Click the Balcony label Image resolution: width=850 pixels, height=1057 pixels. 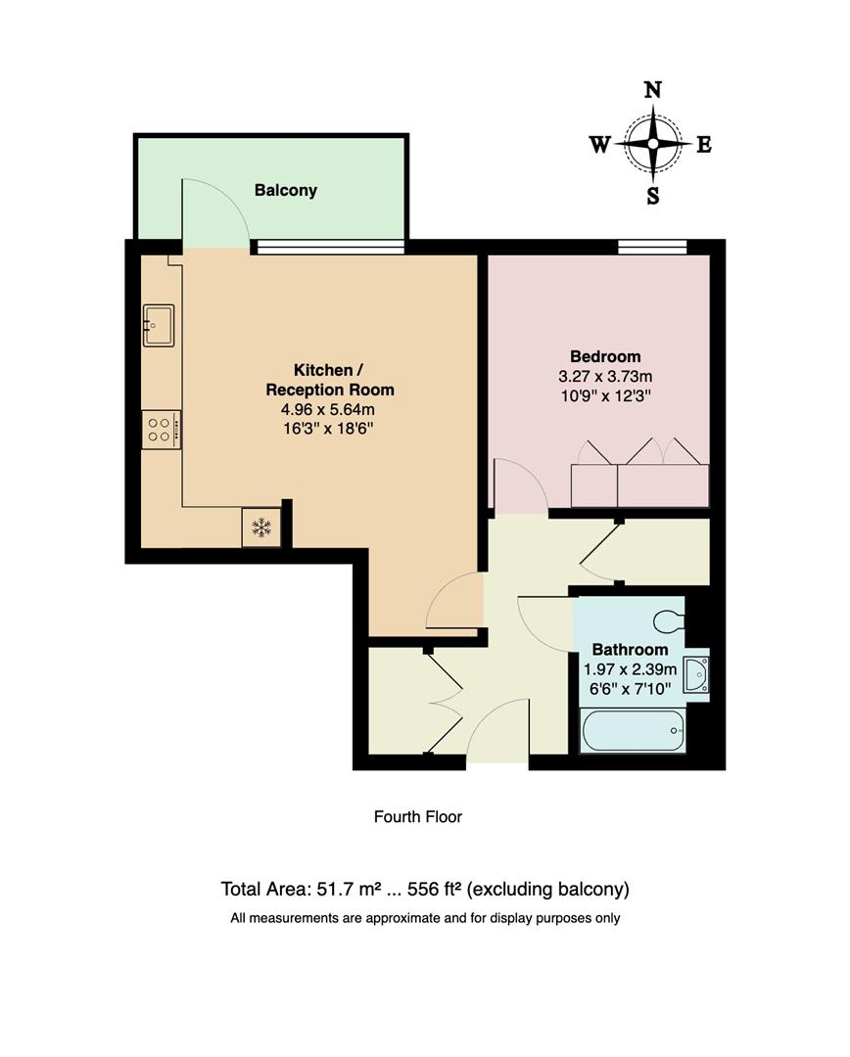tap(285, 190)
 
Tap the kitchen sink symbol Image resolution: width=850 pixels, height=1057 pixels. tap(158, 325)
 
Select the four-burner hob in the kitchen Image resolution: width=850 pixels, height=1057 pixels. tap(161, 430)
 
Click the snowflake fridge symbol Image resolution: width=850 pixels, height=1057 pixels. tap(261, 528)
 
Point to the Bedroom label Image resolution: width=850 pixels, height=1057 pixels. tap(605, 356)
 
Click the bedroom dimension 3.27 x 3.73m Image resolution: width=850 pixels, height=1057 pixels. tap(605, 377)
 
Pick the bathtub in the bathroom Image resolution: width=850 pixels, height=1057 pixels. tap(632, 731)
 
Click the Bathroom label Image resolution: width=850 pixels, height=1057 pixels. tap(630, 650)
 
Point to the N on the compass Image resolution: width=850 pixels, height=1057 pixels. tap(652, 91)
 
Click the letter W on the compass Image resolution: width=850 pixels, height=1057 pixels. tap(599, 146)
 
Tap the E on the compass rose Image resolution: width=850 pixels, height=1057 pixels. tap(703, 146)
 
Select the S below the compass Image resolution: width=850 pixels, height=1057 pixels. tap(652, 196)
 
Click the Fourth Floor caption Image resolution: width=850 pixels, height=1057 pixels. tap(417, 816)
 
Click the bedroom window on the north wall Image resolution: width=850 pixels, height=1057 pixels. tap(652, 247)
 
